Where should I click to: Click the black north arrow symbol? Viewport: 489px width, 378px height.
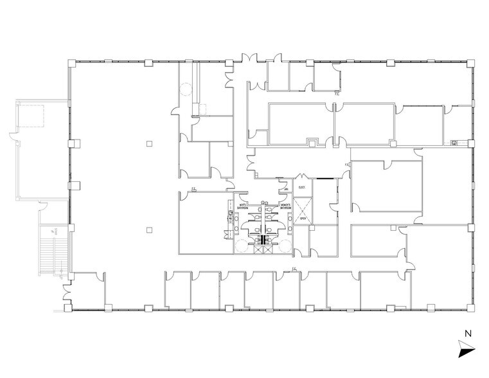coord(465,350)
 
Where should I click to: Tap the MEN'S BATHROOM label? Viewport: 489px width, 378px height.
coord(243,207)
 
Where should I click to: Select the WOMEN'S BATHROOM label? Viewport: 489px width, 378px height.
coord(286,207)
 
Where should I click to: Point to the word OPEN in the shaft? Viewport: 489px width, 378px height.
coord(301,219)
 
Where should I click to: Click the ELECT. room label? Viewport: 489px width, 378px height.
coord(301,188)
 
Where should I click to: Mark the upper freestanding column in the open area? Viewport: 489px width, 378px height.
coord(148,143)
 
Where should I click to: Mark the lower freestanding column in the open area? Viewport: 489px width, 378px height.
coord(148,228)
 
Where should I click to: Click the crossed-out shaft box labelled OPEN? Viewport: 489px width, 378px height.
coord(301,211)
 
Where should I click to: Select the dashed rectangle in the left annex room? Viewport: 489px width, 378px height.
coord(31,116)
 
